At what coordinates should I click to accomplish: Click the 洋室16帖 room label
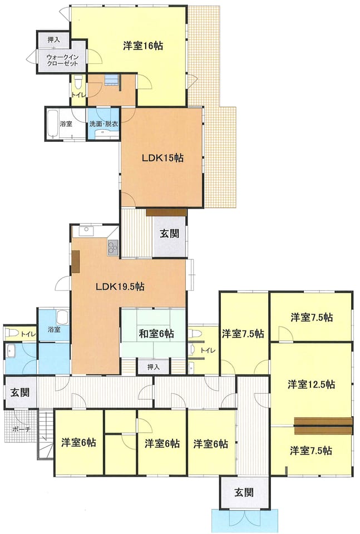click(142, 46)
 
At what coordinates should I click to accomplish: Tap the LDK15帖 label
click(163, 157)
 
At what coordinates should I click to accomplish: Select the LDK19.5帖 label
click(120, 286)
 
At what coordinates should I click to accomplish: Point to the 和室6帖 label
click(156, 333)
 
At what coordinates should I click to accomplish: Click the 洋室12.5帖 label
click(311, 384)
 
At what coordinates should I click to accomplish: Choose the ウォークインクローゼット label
click(62, 60)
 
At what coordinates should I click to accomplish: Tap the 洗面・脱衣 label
click(103, 124)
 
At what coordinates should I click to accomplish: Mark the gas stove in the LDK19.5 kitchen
click(113, 248)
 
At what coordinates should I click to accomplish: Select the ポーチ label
click(21, 429)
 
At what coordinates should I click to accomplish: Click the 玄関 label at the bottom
click(244, 492)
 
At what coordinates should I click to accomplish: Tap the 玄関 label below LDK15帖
click(170, 234)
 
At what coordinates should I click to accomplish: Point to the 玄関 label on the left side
click(20, 392)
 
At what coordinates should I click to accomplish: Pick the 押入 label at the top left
click(54, 40)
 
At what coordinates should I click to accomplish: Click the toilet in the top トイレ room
click(78, 82)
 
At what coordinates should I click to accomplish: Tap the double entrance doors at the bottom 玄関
click(244, 519)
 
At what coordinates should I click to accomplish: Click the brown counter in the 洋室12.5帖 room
click(323, 426)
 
